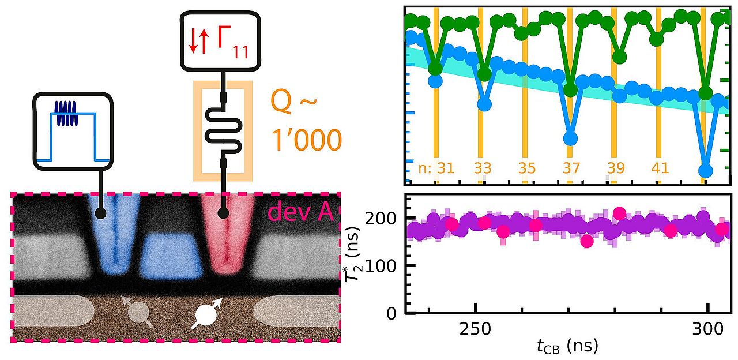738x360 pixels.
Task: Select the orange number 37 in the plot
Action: [570, 168]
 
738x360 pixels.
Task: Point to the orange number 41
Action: [660, 168]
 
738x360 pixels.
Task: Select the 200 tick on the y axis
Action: [389, 218]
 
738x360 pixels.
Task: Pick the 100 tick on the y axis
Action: [389, 265]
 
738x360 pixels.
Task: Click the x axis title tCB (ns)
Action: [568, 346]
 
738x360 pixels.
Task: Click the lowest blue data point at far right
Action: [705, 171]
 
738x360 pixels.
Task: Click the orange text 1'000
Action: [307, 140]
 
